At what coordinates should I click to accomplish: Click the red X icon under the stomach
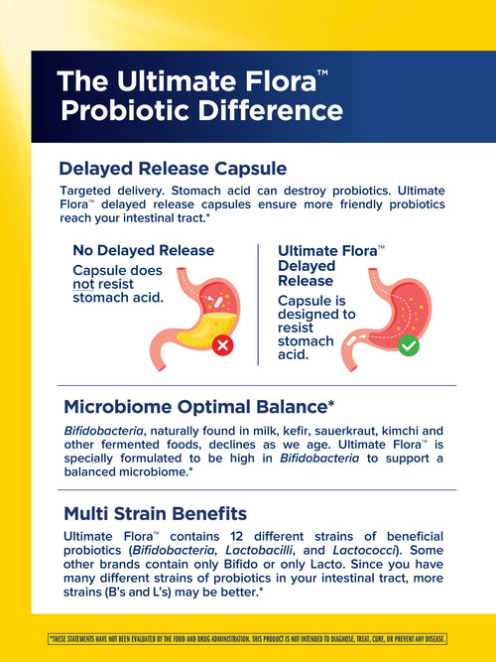(223, 345)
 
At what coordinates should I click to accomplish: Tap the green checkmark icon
(408, 347)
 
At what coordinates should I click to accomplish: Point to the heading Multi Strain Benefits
(156, 513)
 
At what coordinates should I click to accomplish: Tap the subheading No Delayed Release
(144, 250)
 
